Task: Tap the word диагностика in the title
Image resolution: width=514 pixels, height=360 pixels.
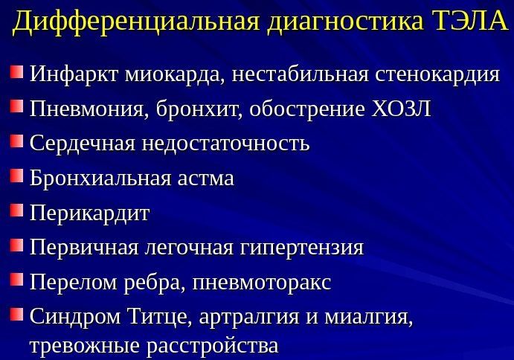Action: [x=341, y=23]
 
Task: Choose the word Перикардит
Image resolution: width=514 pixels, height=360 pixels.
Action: [x=89, y=213]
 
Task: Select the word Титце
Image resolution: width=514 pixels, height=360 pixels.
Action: [x=160, y=318]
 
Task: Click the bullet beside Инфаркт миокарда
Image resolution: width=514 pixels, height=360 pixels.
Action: [x=16, y=74]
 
